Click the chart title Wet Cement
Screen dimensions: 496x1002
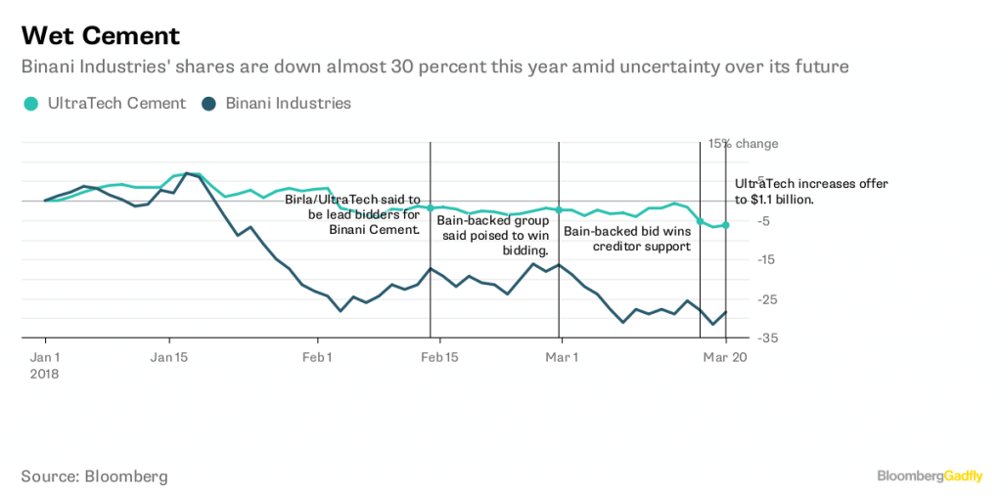click(101, 36)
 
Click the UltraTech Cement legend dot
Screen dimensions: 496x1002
click(31, 104)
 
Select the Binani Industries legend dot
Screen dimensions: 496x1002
click(209, 104)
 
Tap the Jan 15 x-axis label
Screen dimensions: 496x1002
click(170, 357)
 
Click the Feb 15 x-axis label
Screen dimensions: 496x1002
click(437, 357)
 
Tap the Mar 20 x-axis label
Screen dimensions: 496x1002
click(725, 357)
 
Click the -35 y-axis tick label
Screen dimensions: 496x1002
click(741, 338)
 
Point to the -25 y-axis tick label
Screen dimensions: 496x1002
click(741, 298)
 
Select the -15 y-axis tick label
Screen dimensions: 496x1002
click(741, 259)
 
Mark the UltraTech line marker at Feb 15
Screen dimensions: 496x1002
click(431, 207)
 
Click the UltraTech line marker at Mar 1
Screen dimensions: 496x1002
click(558, 210)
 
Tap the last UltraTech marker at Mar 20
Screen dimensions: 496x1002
click(725, 225)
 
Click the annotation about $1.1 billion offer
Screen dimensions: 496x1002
click(797, 191)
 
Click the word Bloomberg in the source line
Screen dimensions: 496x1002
click(126, 476)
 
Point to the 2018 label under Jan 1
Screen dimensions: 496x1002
click(46, 373)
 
